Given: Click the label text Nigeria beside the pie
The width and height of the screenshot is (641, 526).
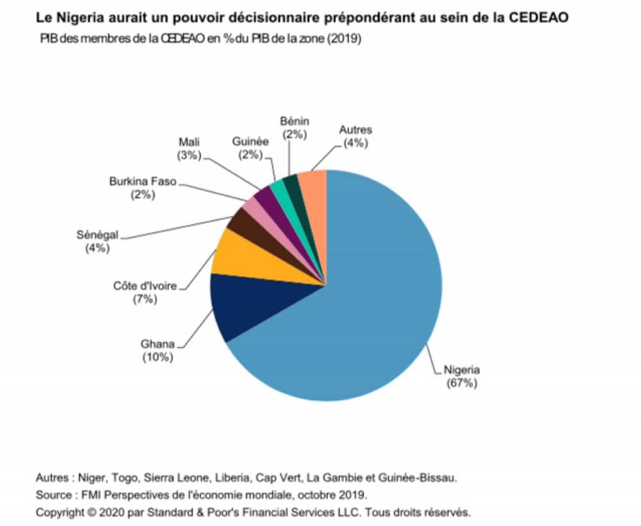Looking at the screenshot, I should (x=462, y=370).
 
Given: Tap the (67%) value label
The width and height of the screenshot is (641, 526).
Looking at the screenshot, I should (x=462, y=384).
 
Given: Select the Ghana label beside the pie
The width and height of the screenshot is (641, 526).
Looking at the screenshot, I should (x=157, y=344).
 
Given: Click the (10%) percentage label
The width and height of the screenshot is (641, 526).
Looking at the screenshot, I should (x=157, y=358).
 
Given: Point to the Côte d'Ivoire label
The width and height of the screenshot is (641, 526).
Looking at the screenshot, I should (x=145, y=286).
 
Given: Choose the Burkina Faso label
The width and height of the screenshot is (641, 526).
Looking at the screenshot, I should (x=142, y=182).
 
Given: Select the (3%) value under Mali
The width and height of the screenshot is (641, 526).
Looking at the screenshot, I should (x=190, y=155).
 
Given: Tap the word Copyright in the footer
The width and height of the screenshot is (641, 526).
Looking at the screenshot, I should (x=60, y=512).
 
